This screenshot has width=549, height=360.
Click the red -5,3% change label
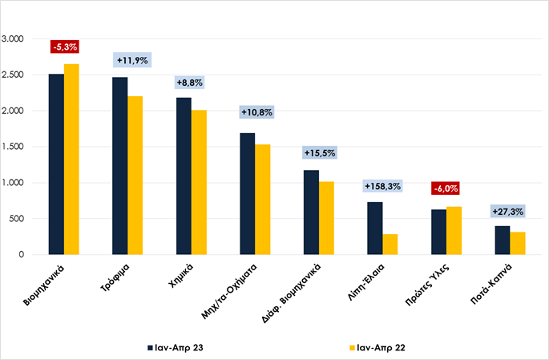64,47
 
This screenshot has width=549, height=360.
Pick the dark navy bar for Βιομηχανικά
56,164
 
